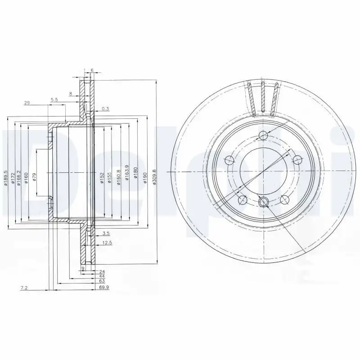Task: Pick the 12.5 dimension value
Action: [x=107, y=243]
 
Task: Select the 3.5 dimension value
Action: [x=106, y=234]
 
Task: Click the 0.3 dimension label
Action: [x=105, y=108]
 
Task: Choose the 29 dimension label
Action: [x=27, y=103]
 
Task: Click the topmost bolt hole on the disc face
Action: [x=264, y=136]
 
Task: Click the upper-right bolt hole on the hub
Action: [x=297, y=159]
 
